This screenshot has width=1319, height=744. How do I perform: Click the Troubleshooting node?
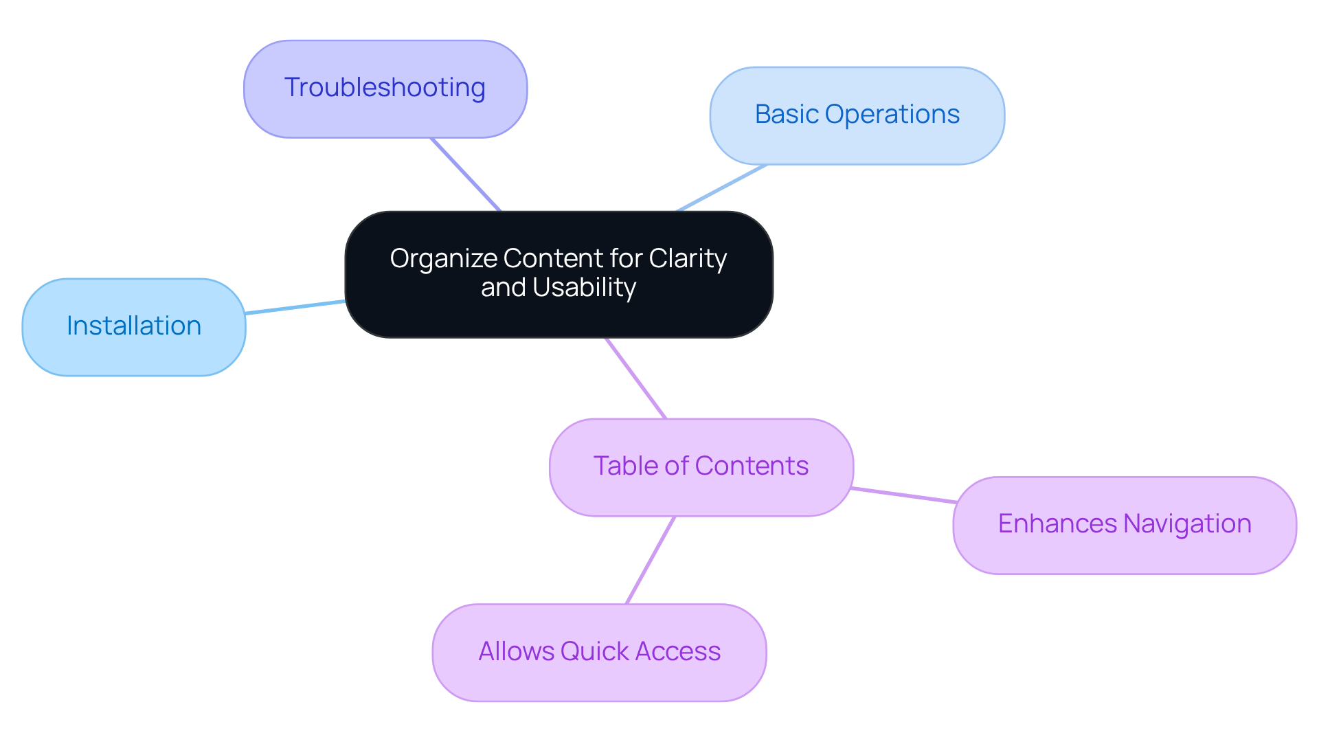point(385,89)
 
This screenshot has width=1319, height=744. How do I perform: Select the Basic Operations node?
point(857,115)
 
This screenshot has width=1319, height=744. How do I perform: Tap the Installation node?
point(134,326)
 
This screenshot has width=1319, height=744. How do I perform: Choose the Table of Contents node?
point(701,466)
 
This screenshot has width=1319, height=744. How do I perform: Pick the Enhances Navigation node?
point(1124,524)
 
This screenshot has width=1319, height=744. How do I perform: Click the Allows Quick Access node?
point(599,652)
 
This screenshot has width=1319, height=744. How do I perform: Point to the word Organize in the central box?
point(444,259)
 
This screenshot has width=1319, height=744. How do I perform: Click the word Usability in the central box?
point(584,288)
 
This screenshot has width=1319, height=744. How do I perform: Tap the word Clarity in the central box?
point(687,259)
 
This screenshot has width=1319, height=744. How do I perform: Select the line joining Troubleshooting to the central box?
point(466,174)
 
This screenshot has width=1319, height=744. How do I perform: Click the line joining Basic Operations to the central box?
point(721,188)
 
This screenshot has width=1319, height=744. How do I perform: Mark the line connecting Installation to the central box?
point(295,307)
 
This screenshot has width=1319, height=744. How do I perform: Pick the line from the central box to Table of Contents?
point(635,378)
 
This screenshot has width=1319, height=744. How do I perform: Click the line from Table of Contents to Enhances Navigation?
point(903,495)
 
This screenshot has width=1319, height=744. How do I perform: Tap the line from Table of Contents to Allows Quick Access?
point(651,560)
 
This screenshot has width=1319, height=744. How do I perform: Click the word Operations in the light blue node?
point(892,115)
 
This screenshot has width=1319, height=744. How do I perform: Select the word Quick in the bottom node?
point(595,652)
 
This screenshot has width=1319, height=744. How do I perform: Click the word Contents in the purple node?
point(752,466)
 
